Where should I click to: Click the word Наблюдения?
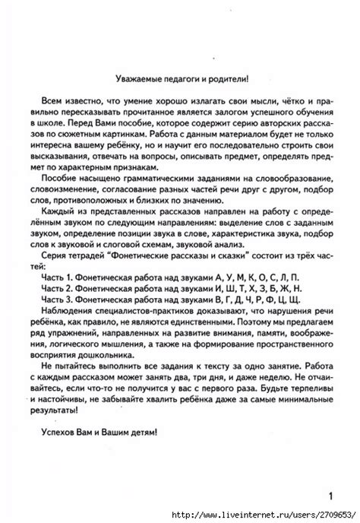tap(71, 309)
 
